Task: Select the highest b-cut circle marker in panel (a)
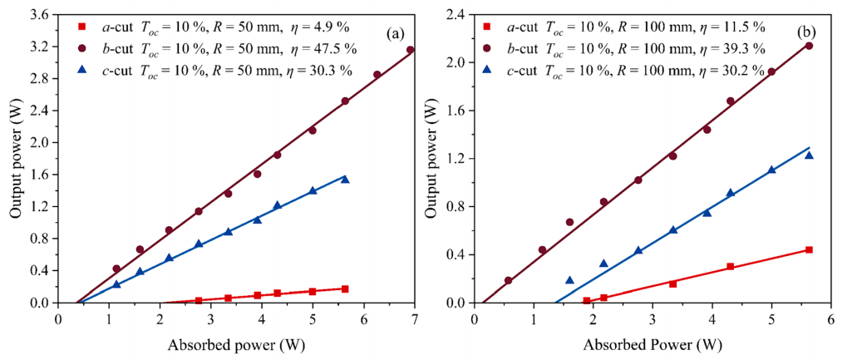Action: pos(410,50)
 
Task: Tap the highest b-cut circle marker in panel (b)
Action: pos(809,46)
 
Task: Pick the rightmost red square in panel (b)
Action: pos(809,249)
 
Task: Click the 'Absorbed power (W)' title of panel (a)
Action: pos(235,345)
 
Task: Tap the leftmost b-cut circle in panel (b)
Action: pos(509,280)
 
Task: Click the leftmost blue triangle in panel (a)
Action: pos(116,284)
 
